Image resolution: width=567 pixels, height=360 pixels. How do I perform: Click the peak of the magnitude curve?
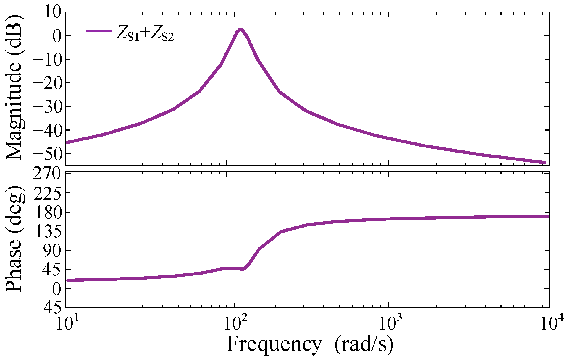pos(240,30)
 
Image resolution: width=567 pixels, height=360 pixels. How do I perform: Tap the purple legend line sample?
pos(99,31)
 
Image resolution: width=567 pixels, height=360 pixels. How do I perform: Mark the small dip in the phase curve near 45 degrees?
pos(243,269)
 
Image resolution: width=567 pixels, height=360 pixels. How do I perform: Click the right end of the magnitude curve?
pos(544,163)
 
